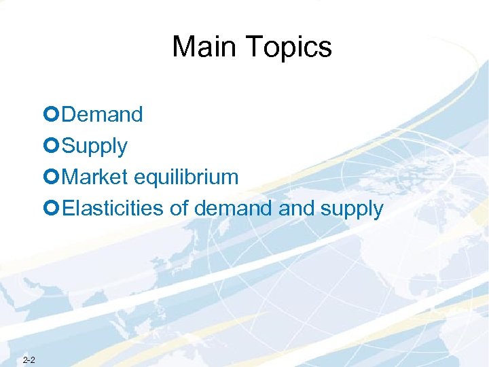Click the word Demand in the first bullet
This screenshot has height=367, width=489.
click(x=102, y=115)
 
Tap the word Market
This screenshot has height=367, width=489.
click(x=94, y=177)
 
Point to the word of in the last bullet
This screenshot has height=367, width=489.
click(x=179, y=209)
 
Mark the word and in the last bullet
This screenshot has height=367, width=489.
click(x=296, y=209)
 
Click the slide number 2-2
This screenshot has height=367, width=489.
click(x=29, y=360)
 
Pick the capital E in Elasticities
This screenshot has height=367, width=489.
click(x=67, y=209)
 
